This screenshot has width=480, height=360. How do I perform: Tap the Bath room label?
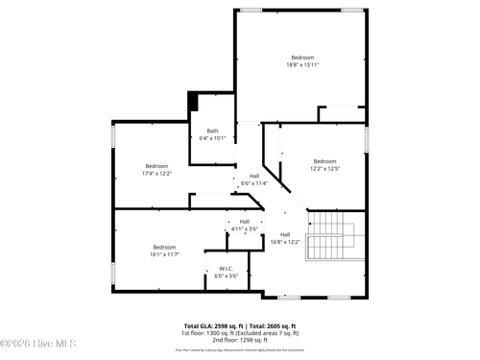(211, 132)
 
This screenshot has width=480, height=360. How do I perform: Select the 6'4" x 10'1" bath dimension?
(211, 139)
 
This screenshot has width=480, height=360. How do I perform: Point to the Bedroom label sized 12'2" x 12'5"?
(324, 161)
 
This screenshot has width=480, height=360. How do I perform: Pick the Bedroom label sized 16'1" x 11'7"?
(163, 247)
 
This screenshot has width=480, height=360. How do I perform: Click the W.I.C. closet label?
(226, 269)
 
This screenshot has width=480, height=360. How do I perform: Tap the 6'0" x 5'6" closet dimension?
(226, 276)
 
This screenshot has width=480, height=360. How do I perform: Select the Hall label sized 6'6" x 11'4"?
(254, 176)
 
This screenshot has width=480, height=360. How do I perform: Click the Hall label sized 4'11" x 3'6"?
(244, 222)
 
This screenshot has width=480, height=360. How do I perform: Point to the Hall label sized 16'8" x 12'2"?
(285, 234)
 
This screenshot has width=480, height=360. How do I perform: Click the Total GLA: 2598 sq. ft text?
(211, 326)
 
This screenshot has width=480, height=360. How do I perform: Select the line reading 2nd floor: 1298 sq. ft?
(240, 340)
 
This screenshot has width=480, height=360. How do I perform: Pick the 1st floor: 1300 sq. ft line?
(240, 333)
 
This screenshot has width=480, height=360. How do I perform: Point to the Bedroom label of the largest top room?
(301, 59)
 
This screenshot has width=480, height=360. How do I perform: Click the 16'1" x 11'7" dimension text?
(163, 254)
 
